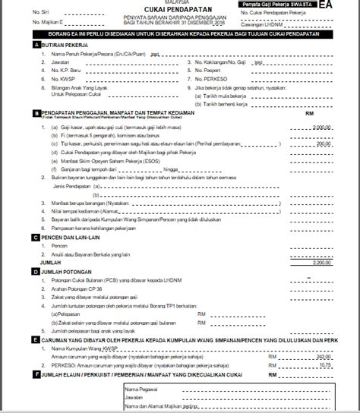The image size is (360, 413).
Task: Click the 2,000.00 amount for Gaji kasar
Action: [x=322, y=128]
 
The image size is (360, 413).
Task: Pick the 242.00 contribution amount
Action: [x=324, y=355]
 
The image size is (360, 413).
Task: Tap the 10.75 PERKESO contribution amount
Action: [x=326, y=364]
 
